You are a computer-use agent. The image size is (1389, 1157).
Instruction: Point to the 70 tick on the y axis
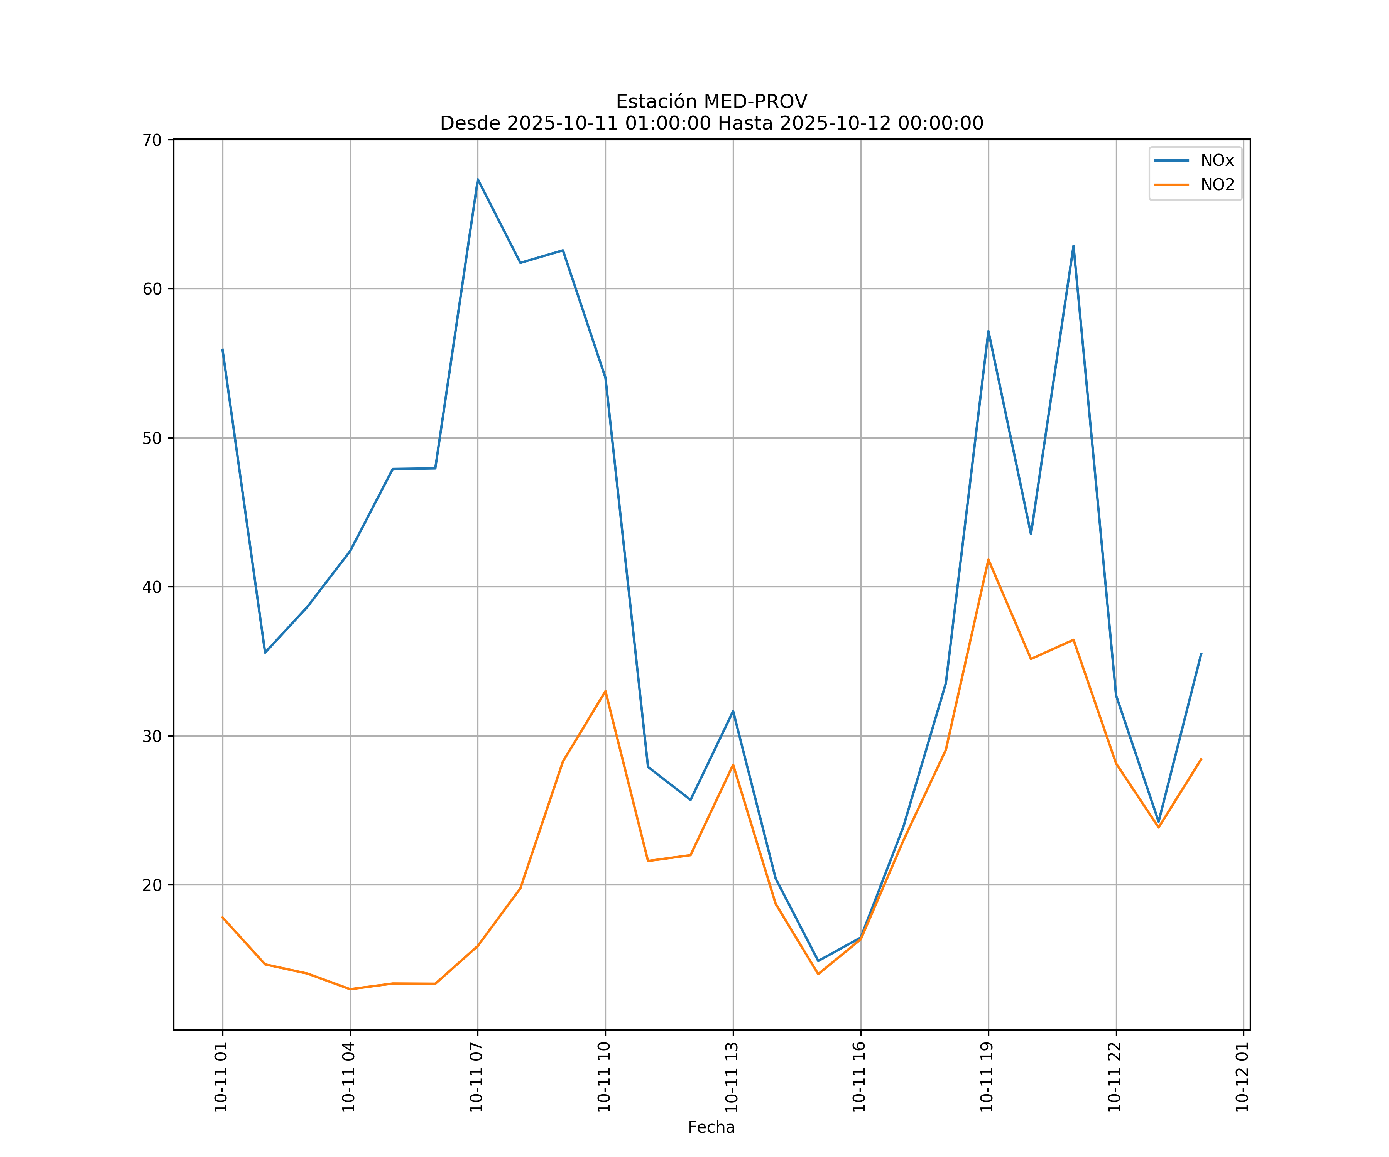[x=152, y=140]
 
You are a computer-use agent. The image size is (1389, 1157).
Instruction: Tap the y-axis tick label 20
[x=152, y=885]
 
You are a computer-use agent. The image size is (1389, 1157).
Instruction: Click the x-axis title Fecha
[x=711, y=1127]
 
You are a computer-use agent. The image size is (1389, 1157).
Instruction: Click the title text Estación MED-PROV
[x=711, y=102]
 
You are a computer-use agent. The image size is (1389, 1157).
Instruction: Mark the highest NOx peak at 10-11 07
[x=478, y=179]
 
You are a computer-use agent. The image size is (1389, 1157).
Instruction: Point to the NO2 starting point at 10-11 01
[x=222, y=917]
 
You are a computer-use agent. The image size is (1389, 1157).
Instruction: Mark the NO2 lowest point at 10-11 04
[x=350, y=989]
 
